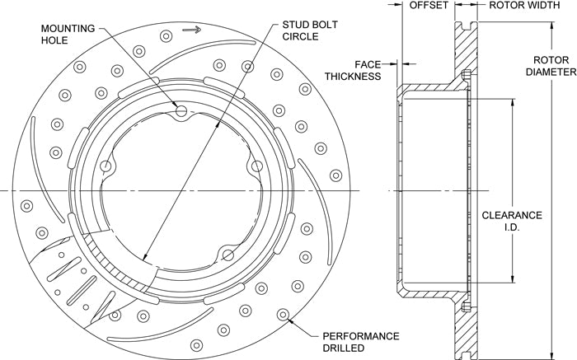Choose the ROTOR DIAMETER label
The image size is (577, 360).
click(x=551, y=66)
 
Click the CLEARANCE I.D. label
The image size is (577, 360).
click(x=512, y=221)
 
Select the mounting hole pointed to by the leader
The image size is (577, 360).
click(x=181, y=111)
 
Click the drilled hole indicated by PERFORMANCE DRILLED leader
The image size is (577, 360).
click(x=284, y=315)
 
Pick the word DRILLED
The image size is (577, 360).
click(x=340, y=348)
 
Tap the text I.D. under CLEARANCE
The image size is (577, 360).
click(x=512, y=227)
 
